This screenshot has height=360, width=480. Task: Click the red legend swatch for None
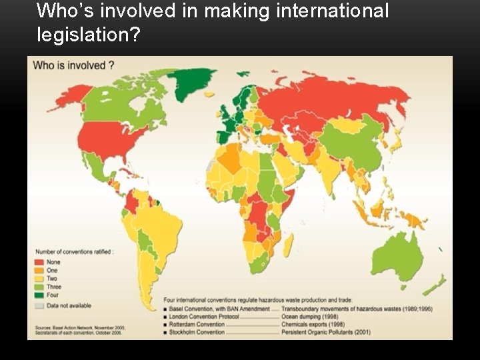pyautogui.click(x=39, y=262)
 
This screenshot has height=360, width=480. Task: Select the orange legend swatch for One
pyautogui.click(x=39, y=270)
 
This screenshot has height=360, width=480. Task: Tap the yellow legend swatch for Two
pyautogui.click(x=39, y=279)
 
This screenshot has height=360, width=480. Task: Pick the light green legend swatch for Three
pyautogui.click(x=39, y=287)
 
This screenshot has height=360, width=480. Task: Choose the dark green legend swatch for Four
pyautogui.click(x=39, y=295)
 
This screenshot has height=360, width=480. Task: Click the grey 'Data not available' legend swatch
pyautogui.click(x=39, y=305)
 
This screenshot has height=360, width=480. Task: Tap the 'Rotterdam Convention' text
pyautogui.click(x=197, y=324)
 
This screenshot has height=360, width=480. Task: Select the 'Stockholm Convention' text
pyautogui.click(x=197, y=331)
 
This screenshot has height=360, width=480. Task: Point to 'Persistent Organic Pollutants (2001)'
pyautogui.click(x=325, y=331)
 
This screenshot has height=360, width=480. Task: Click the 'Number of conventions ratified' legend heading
pyautogui.click(x=74, y=251)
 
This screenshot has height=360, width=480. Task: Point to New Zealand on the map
pyautogui.click(x=437, y=283)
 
